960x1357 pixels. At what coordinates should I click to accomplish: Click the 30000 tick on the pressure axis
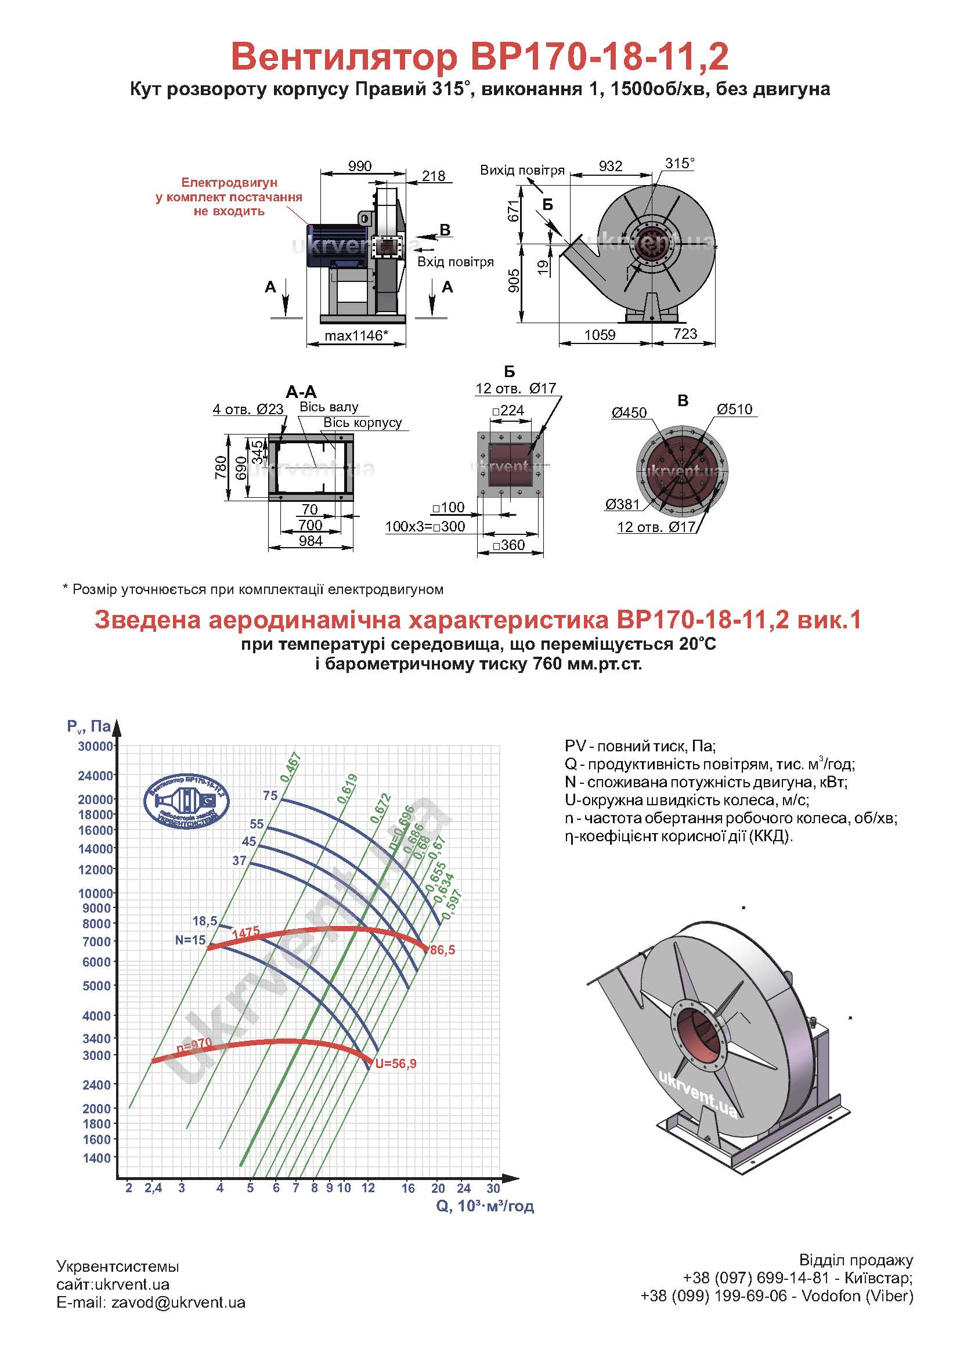coord(96,747)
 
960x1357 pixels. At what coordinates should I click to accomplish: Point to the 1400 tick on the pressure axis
coord(98,1158)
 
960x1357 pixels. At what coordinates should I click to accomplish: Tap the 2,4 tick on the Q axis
coord(153,1188)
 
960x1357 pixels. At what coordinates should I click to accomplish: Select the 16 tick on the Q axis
coord(408,1188)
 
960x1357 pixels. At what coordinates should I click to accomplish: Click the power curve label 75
coord(270,795)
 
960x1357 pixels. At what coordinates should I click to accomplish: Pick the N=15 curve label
coord(190,940)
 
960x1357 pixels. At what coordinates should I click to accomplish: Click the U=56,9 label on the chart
coord(395,1064)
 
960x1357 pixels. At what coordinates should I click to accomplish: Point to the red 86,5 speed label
coord(443,950)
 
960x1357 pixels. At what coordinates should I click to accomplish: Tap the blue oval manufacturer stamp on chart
coord(187,799)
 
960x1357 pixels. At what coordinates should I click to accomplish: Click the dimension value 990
coord(360,166)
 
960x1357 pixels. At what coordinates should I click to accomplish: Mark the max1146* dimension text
coord(356,336)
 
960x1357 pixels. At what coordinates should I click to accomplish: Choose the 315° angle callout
coord(679,164)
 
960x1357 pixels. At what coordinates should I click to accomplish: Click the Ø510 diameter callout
coord(734,409)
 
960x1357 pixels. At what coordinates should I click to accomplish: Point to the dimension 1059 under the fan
coord(600,335)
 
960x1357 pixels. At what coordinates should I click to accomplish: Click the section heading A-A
coord(301,392)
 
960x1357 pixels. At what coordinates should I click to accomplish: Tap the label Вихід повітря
coord(522,170)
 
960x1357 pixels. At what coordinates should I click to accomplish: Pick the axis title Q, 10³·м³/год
coord(485,1206)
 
